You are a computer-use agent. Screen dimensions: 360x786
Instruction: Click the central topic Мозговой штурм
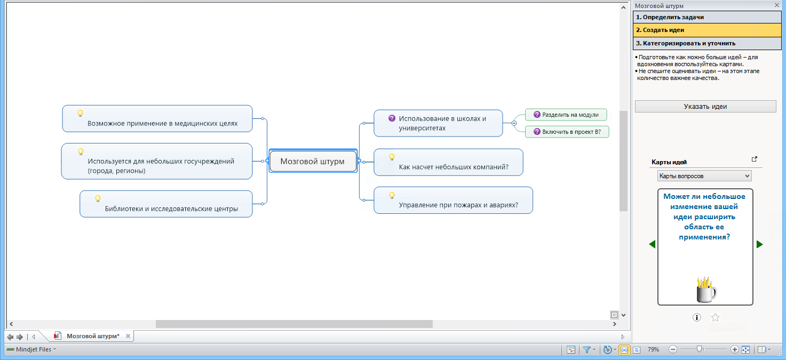click(x=313, y=161)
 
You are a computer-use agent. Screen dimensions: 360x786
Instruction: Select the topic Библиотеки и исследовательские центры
click(x=171, y=209)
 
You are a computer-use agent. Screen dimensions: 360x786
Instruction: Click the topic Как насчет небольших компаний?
click(x=454, y=167)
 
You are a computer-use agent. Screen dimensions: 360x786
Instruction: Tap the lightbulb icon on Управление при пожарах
click(x=392, y=195)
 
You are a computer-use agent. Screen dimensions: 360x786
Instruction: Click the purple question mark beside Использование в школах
click(x=392, y=118)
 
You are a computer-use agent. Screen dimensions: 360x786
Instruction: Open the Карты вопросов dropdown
click(x=704, y=175)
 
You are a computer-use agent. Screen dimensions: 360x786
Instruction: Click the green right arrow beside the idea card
click(x=760, y=244)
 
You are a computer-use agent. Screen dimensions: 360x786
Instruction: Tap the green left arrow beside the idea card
click(x=652, y=244)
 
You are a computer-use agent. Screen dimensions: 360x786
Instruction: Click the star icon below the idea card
click(x=716, y=317)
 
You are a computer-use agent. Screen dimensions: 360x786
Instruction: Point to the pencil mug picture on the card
click(x=706, y=289)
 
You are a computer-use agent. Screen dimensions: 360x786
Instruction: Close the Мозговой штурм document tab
click(x=128, y=336)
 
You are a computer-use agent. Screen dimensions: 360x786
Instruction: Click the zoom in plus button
click(x=734, y=349)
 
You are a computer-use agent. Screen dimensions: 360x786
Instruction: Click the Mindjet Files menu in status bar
click(x=31, y=349)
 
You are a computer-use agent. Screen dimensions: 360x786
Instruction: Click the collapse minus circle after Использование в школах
click(x=514, y=123)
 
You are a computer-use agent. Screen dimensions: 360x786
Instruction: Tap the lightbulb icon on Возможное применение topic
click(x=80, y=113)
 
